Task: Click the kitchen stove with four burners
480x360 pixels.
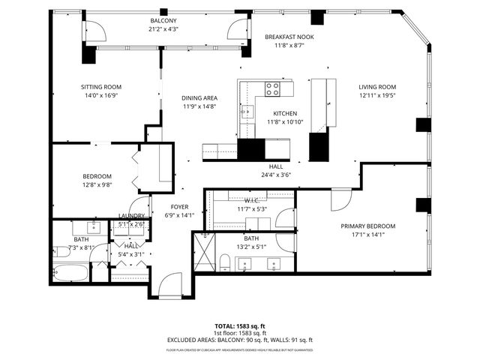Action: (272, 90)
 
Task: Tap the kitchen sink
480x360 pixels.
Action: (247, 113)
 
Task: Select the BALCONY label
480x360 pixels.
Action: (163, 20)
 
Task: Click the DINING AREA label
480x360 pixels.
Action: (199, 98)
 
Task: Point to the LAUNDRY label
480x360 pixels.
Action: (131, 216)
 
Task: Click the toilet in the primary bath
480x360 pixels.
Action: (224, 262)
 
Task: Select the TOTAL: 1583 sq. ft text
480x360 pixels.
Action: (240, 326)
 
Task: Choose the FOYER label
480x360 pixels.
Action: (179, 206)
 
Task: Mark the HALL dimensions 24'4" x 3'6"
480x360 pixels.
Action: (275, 175)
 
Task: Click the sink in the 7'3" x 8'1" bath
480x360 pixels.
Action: (95, 227)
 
